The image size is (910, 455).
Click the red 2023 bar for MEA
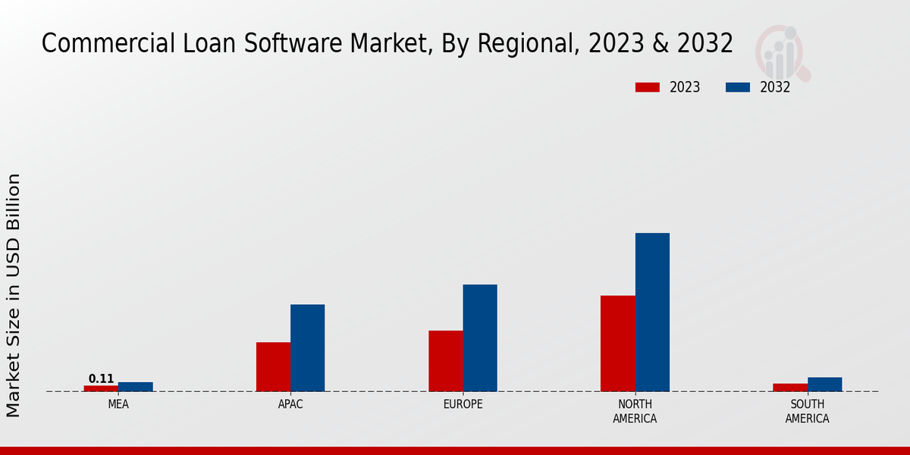(101, 388)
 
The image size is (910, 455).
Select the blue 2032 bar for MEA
(135, 387)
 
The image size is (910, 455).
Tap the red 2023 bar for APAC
(273, 367)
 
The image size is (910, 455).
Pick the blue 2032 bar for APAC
(307, 348)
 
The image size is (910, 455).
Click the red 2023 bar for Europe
(445, 361)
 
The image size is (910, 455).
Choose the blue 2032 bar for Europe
(480, 338)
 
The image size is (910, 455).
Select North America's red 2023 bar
(617, 344)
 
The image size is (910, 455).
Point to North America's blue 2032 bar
(652, 312)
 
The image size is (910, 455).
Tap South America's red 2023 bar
(790, 388)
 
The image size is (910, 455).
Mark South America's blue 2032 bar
(824, 384)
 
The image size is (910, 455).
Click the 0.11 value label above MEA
(101, 379)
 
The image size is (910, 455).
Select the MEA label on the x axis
(118, 404)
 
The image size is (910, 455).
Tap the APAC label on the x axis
(290, 404)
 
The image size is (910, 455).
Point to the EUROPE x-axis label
(463, 404)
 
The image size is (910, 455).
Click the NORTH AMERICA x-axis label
(635, 411)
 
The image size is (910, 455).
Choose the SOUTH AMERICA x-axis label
(807, 411)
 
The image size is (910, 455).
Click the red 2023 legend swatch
(648, 87)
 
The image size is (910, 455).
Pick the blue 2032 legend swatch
(738, 87)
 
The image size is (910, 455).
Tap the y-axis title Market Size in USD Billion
(14, 295)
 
